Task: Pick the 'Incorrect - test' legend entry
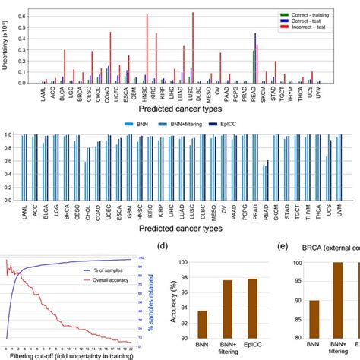[x=311, y=27]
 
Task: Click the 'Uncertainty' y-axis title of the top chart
[x=5, y=46]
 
